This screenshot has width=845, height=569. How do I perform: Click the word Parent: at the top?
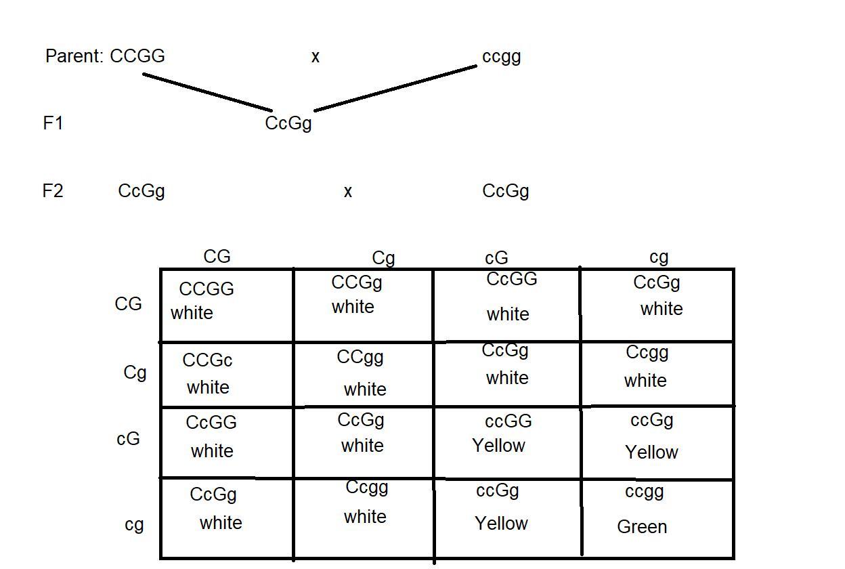74,56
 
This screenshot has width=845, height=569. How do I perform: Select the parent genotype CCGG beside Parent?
137,56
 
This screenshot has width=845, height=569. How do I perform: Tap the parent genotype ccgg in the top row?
501,57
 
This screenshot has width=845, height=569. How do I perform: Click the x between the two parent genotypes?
315,58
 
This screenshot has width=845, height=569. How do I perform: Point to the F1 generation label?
53,123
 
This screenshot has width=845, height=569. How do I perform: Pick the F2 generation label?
53,191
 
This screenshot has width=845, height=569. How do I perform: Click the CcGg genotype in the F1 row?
288,124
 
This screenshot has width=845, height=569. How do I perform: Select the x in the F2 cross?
348,192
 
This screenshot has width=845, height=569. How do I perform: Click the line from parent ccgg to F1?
396,87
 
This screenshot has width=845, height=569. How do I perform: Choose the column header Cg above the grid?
383,258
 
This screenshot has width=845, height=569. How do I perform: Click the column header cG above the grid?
496,258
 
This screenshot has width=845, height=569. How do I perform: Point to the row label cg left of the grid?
134,525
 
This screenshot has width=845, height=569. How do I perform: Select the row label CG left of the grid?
128,304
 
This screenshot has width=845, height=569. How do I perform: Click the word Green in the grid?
642,527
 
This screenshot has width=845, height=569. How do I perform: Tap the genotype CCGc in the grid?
207,360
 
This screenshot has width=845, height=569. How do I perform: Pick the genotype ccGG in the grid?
508,421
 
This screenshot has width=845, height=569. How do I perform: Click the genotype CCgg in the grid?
360,357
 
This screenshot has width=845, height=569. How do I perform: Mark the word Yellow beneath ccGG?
499,446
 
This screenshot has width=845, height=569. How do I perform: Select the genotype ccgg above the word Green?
644,492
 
